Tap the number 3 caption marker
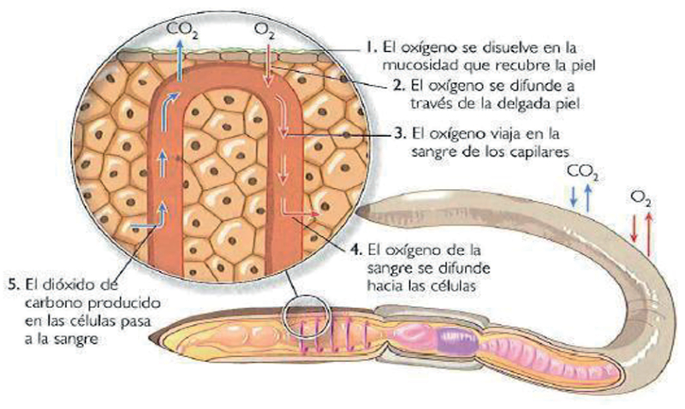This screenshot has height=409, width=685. click(x=400, y=133)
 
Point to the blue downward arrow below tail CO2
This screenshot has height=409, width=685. click(x=574, y=195)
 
